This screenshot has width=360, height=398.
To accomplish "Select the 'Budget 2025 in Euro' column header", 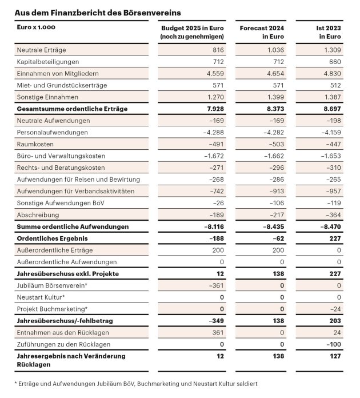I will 191,32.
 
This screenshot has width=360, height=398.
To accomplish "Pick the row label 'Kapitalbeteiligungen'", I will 48,62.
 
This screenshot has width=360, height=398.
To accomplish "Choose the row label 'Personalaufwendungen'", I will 53,132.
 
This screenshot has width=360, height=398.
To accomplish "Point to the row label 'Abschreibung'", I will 38,215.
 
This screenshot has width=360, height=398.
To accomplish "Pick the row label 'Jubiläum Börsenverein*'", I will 52,285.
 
